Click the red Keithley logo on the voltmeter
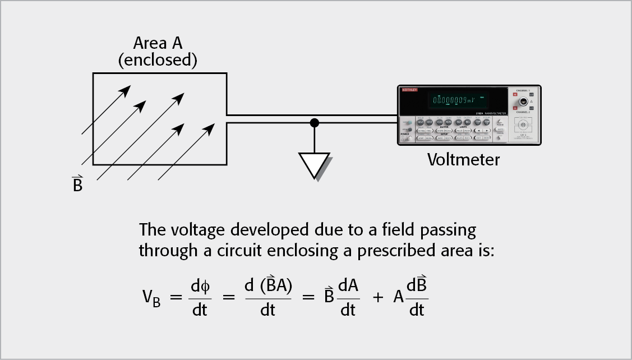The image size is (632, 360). tap(409, 90)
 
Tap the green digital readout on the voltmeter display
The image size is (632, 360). tap(455, 101)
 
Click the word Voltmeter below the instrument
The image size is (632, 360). tap(463, 160)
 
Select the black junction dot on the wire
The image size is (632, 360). tap(315, 122)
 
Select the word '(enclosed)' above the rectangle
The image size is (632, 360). tap(158, 59)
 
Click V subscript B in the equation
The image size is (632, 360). tap(151, 297)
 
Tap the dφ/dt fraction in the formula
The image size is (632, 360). tap(200, 297)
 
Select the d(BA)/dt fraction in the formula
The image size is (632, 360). tap(268, 297)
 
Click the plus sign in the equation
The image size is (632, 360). tap(379, 297)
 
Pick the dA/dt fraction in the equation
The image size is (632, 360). tap(348, 297)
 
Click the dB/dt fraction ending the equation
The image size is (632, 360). tap(416, 297)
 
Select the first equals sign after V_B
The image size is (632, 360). tap(176, 297)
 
